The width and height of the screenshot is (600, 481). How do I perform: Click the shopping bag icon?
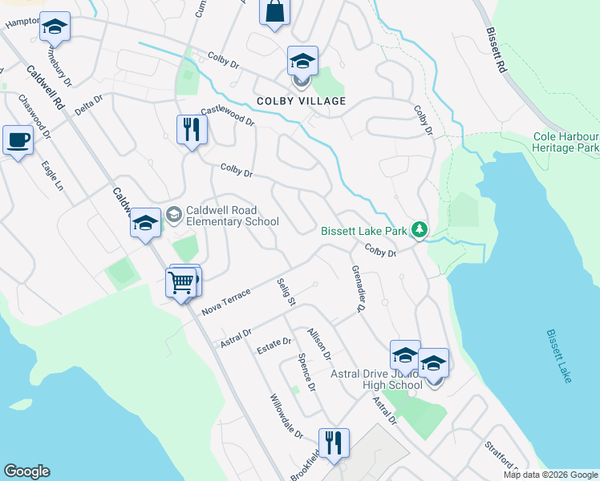274,12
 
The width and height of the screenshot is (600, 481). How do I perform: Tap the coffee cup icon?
18,140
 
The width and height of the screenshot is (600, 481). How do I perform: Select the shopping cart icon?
182,282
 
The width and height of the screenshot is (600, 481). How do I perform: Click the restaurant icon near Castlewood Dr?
192,129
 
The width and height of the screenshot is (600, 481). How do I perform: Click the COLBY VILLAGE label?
301,101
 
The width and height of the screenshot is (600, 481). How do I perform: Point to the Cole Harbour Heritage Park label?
566,143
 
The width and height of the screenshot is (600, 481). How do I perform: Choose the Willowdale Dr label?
286,416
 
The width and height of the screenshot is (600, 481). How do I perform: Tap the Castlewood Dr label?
227,116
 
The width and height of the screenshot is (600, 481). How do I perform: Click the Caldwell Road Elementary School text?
232,216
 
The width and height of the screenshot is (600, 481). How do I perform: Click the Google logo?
26,471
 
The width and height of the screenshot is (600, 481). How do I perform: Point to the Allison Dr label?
319,342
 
